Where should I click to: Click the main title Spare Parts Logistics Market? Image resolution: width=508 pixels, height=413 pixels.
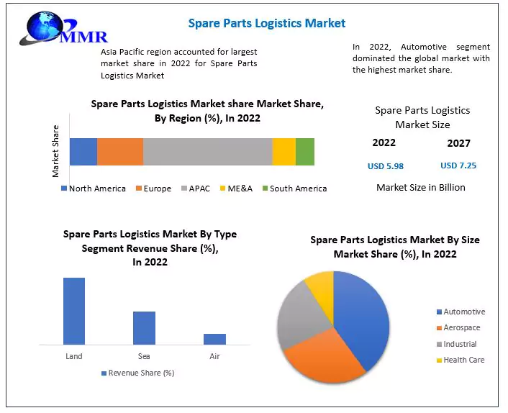tap(266, 23)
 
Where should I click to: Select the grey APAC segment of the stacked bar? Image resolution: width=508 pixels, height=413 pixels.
tap(207, 151)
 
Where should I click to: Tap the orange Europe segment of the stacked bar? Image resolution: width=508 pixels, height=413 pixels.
tap(120, 151)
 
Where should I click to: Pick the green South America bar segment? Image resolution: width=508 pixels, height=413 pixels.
tap(305, 151)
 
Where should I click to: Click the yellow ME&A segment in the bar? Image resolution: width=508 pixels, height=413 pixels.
tap(284, 151)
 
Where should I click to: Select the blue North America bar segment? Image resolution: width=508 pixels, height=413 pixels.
tap(83, 151)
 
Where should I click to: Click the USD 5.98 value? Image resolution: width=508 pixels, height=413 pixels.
tap(386, 166)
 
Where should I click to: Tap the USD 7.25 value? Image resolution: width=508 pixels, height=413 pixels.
tap(458, 165)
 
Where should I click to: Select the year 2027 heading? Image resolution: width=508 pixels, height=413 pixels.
tap(458, 143)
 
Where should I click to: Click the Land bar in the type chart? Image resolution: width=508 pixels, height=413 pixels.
tap(74, 311)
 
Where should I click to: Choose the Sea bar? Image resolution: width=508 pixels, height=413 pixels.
tap(144, 327)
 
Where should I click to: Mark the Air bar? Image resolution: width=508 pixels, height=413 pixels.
tap(214, 339)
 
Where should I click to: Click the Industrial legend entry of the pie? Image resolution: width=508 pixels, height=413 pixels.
tap(460, 344)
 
